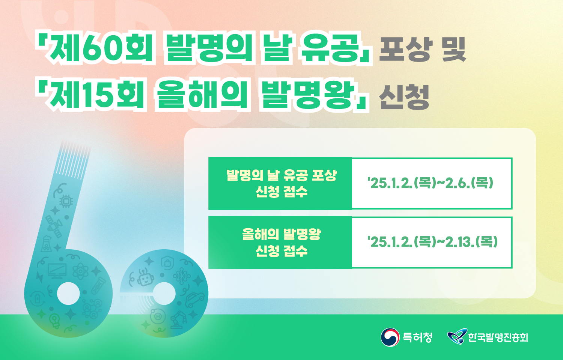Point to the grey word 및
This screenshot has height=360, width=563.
pyautogui.click(x=454, y=49)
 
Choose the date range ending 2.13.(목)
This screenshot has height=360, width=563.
pyautogui.click(x=432, y=242)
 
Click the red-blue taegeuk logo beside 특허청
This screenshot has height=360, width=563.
pyautogui.click(x=390, y=337)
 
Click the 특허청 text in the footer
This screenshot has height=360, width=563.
pyautogui.click(x=417, y=337)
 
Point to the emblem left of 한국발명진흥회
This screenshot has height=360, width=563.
pyautogui.click(x=457, y=336)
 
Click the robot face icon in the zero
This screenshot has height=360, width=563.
pyautogui.click(x=145, y=278)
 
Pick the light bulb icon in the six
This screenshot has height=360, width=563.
pyautogui.click(x=54, y=321)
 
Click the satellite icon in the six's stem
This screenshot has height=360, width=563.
pyautogui.click(x=54, y=226)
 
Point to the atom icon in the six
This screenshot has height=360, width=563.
pyautogui.click(x=80, y=271)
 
